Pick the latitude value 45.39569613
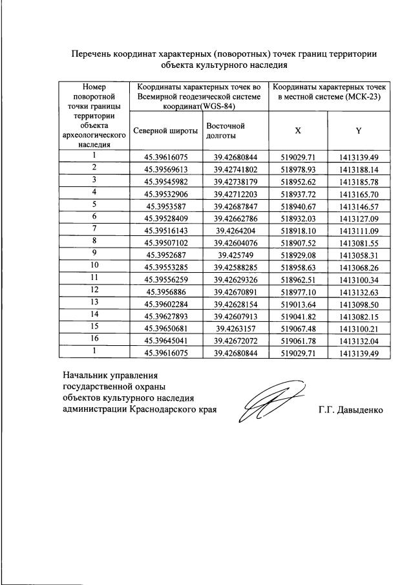coord(165,168)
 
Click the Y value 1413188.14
coord(358,168)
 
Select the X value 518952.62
coord(298,180)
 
